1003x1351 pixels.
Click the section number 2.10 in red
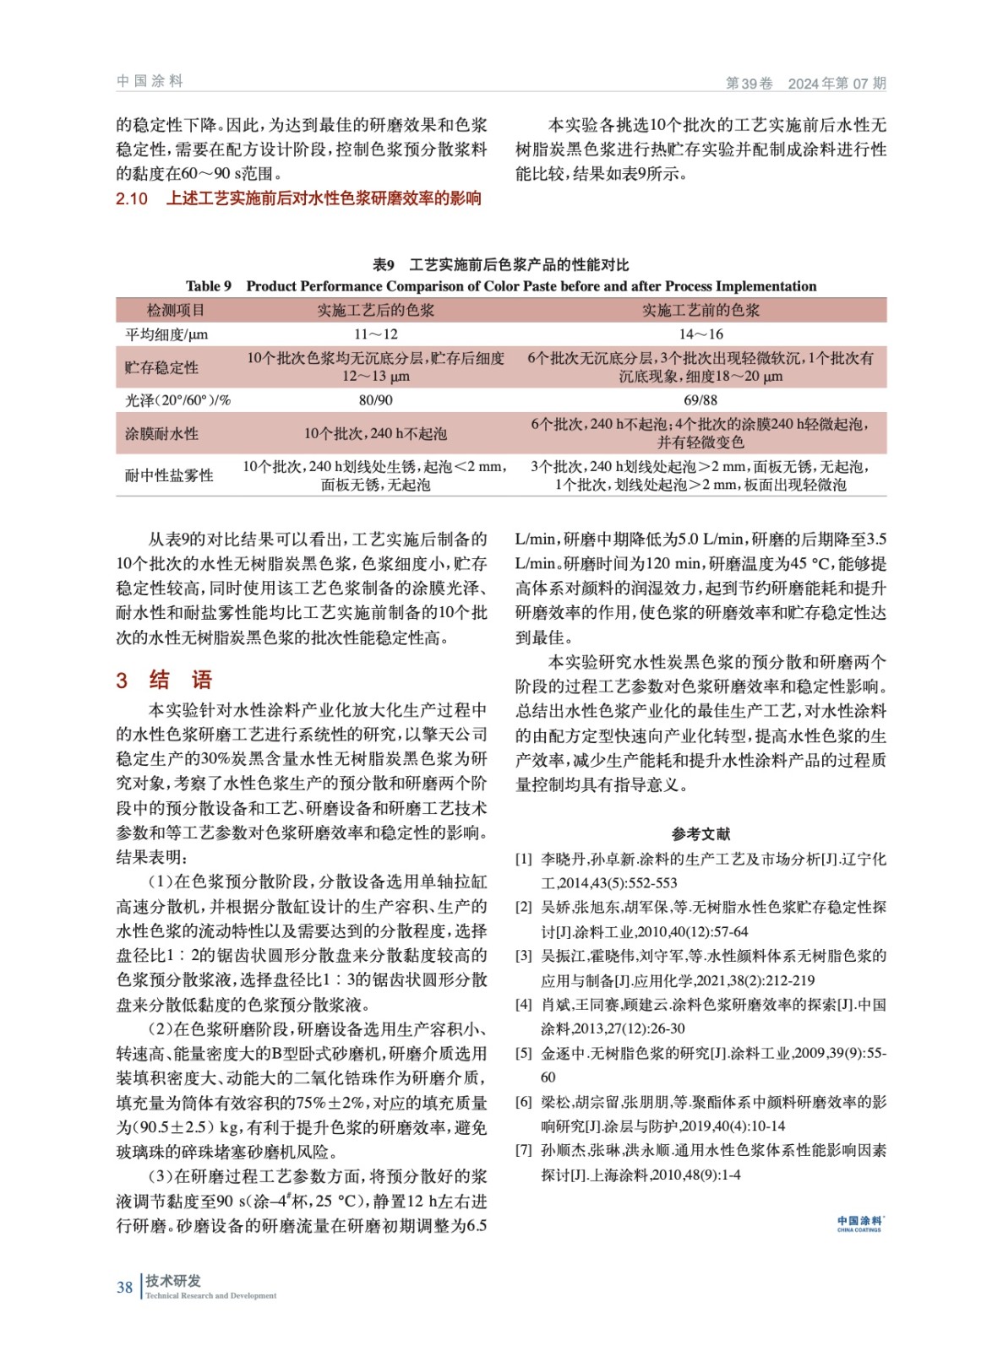[132, 199]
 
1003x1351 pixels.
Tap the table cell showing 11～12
[375, 334]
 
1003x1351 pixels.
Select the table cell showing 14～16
[700, 334]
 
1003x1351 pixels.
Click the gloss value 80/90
[375, 400]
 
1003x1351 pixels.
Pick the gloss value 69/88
[700, 400]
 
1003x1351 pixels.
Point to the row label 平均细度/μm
[166, 334]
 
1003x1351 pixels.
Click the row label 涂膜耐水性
[161, 434]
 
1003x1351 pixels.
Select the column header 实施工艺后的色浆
[375, 311]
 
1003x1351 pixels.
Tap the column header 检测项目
[175, 311]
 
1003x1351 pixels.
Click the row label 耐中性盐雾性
[169, 475]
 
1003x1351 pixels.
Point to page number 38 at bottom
[124, 1288]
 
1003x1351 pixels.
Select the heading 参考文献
[700, 834]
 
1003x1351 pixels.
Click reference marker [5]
[524, 1054]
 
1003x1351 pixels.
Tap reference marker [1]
[524, 860]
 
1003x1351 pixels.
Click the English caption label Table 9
[209, 286]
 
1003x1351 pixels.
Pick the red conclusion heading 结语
[181, 681]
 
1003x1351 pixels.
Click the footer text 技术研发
[173, 1281]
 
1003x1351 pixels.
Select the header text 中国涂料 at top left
[150, 81]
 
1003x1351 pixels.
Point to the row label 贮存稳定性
[161, 367]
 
